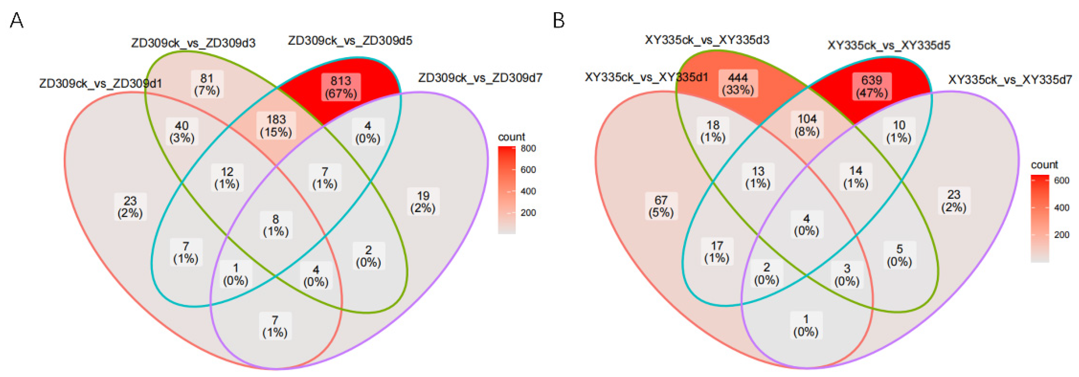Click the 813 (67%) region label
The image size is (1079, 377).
tap(340, 87)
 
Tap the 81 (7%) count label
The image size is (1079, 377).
tap(207, 84)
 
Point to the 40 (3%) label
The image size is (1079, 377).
tap(182, 132)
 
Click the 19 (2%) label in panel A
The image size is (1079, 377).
tap(423, 202)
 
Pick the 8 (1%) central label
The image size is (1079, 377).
tap(275, 225)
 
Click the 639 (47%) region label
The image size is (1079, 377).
tap(872, 87)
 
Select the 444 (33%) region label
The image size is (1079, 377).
tap(738, 84)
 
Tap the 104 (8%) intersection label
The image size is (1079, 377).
tap(807, 125)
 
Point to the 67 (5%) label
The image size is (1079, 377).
tap(661, 206)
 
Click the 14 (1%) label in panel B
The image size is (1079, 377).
tap(855, 177)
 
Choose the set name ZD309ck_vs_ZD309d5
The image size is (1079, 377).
tap(350, 41)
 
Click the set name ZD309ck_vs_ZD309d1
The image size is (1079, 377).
tap(100, 83)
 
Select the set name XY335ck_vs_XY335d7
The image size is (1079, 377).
tap(1010, 80)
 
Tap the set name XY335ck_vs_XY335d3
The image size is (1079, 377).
tap(707, 40)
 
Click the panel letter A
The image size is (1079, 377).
tap(16, 20)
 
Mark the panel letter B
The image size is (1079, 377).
tap(559, 20)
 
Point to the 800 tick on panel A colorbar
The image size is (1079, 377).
tap(528, 149)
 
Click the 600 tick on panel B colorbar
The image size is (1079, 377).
tap(1061, 180)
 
